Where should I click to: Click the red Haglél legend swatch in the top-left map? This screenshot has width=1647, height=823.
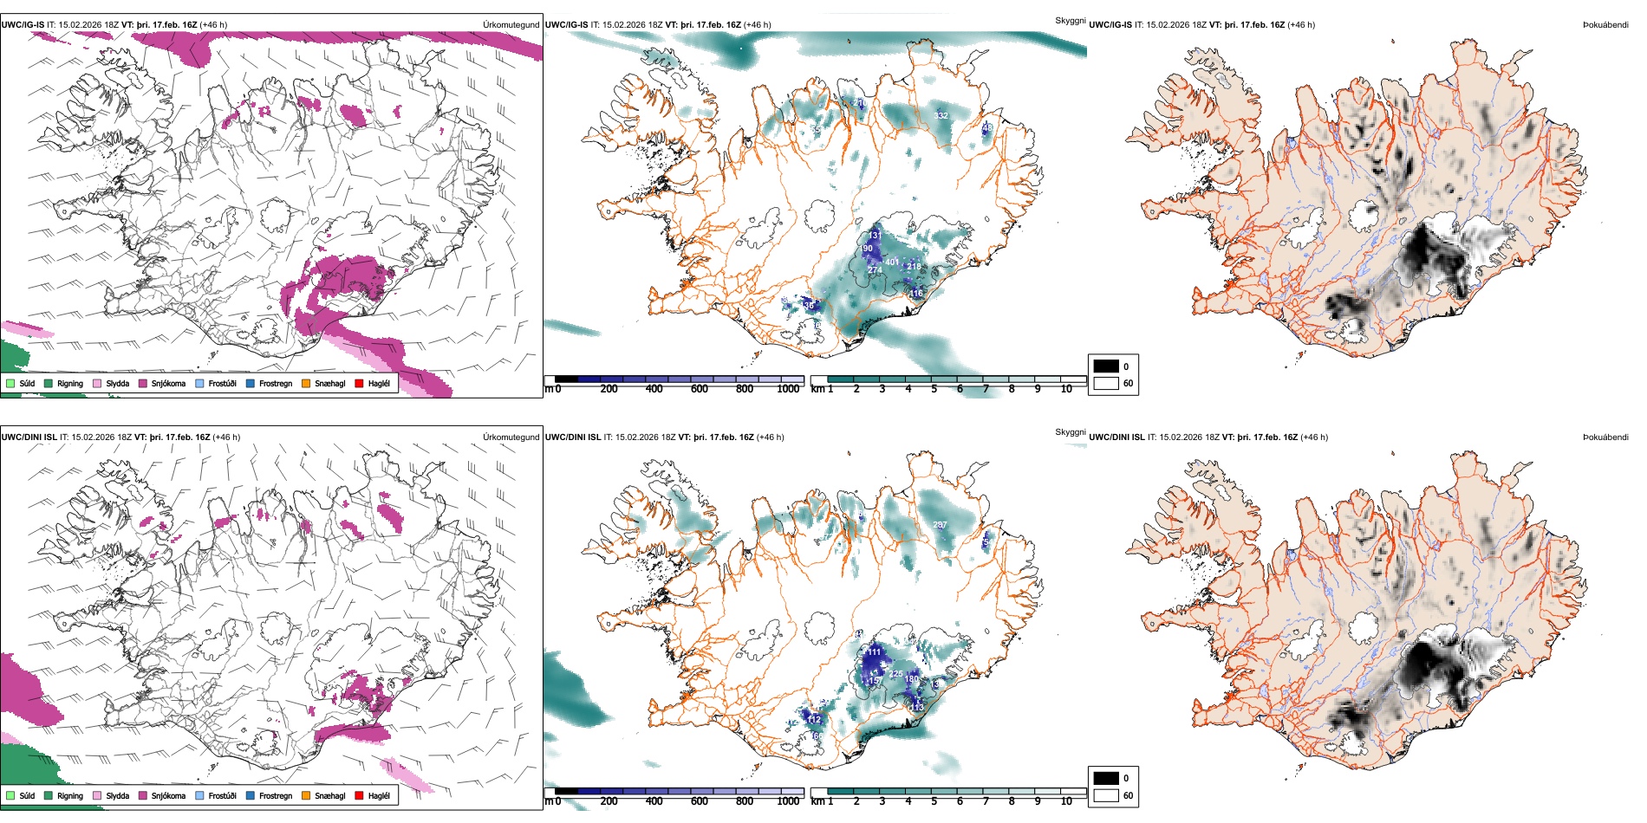[359, 383]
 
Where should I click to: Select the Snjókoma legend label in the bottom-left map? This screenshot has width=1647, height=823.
[168, 795]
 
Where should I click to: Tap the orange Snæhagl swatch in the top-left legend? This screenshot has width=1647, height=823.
[306, 383]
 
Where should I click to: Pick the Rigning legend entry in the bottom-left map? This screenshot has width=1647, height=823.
[70, 795]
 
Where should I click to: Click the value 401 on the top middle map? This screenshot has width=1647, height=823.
[892, 262]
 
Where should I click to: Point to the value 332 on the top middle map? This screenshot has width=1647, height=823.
[941, 115]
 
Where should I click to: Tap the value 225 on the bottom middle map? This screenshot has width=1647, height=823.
[896, 673]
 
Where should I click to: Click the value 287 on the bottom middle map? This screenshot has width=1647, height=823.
[940, 525]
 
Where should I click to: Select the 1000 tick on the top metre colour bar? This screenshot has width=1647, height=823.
[788, 389]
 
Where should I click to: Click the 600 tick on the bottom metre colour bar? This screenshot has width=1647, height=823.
[700, 801]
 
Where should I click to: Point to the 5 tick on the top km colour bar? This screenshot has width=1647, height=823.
[934, 389]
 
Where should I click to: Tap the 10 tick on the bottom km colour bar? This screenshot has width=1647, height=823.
[1066, 801]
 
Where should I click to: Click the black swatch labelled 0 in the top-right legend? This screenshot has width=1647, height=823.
[1106, 366]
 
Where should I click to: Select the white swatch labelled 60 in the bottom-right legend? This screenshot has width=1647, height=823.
[1106, 794]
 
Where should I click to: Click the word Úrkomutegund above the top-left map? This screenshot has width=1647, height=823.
[511, 25]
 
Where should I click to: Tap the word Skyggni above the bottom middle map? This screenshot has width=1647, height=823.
[1070, 431]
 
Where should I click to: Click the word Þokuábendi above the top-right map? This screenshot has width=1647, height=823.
[1605, 25]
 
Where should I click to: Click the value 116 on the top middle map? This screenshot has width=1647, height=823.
[916, 294]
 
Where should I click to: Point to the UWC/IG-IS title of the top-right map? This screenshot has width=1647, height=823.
[1110, 25]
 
